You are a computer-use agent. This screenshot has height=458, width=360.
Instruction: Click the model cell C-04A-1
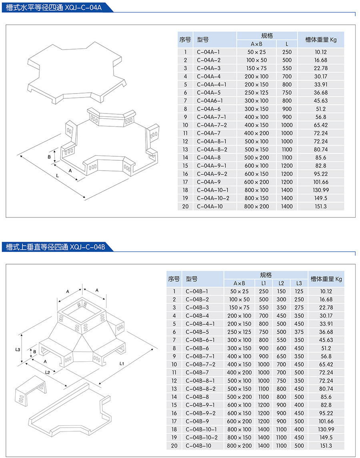[208, 52]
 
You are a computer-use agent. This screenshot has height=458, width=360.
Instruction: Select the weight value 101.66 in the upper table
[321, 182]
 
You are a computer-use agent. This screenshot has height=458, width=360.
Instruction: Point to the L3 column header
[299, 283]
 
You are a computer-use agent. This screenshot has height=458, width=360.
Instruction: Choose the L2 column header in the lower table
[281, 283]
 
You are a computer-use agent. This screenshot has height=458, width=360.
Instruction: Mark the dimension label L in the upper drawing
[58, 175]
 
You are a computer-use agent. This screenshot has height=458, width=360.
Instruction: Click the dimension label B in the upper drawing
[49, 157]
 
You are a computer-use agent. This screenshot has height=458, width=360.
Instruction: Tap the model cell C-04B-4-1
[200, 324]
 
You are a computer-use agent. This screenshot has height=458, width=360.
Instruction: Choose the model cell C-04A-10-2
[213, 198]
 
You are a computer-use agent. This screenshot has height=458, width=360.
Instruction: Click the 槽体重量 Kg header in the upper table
[320, 40]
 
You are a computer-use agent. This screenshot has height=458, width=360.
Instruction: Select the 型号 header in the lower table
[191, 279]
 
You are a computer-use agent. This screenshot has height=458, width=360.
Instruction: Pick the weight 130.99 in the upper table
[321, 190]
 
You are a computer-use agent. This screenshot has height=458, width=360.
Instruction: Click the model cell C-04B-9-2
[200, 413]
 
